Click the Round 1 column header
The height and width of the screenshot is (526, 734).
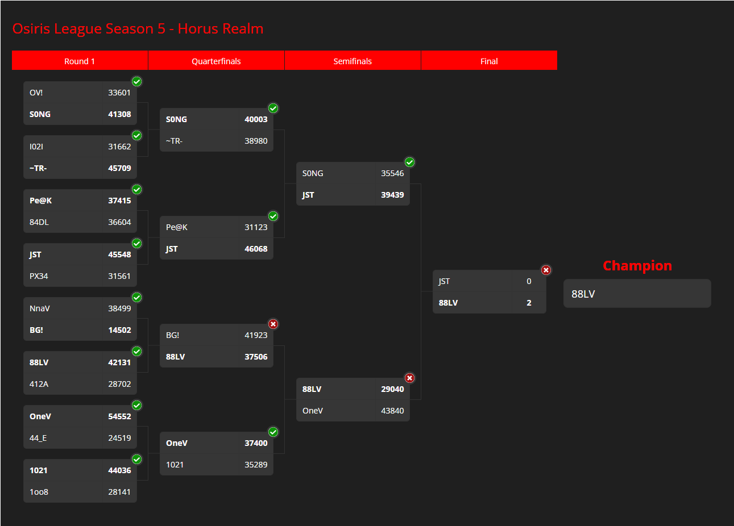pos(80,61)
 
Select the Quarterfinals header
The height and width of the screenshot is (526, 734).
pos(216,61)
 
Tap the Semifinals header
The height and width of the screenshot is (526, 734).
pos(353,61)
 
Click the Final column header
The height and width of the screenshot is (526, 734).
pos(489,61)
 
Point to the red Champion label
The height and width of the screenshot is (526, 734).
pos(637,266)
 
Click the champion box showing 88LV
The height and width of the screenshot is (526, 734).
pos(637,294)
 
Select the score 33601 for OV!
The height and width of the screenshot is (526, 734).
pos(119,93)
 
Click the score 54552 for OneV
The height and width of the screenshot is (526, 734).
pos(119,416)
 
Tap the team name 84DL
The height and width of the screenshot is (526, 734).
pos(39,222)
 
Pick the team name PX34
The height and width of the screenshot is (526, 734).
pos(39,276)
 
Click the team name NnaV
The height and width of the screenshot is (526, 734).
pos(40,308)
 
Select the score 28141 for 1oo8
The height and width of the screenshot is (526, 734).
pos(119,492)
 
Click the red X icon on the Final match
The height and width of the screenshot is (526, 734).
pos(546,270)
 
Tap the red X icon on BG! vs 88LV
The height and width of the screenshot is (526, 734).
pos(273,324)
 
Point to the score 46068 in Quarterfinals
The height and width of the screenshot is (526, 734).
pos(256,249)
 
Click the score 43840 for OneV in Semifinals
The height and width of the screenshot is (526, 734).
pos(392,411)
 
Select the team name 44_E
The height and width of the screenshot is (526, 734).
pos(38,438)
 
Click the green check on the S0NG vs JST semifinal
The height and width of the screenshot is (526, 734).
pos(409,162)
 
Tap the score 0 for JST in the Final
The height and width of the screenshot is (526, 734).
pos(529,282)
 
